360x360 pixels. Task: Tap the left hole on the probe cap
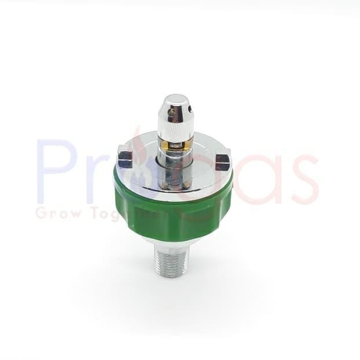click(x=163, y=109)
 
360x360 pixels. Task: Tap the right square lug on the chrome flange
click(x=223, y=161)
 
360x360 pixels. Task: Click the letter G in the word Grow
click(x=42, y=214)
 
